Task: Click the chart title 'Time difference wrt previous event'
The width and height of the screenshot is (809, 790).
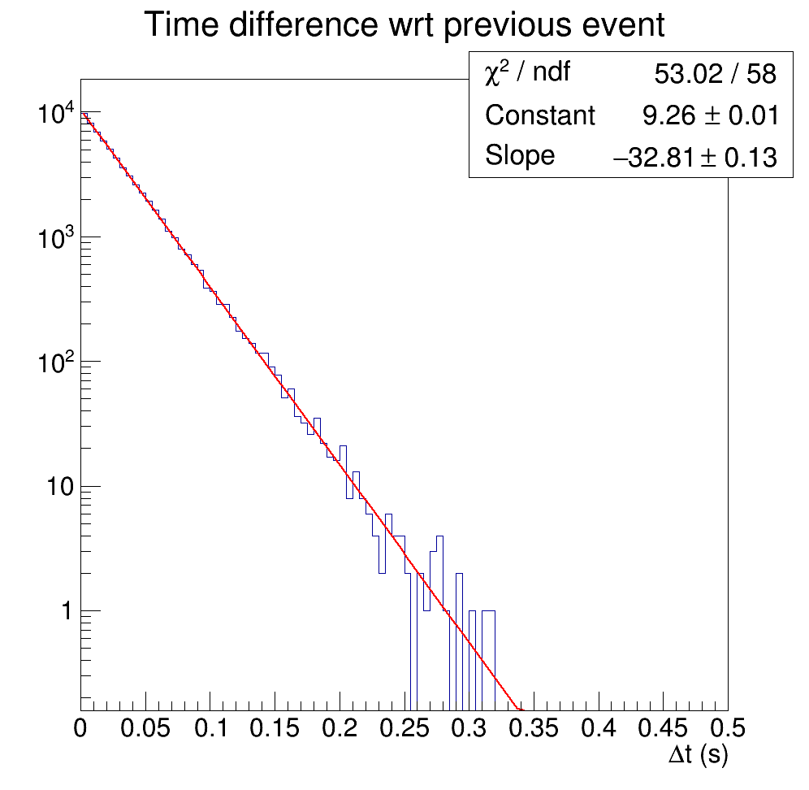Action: [404, 24]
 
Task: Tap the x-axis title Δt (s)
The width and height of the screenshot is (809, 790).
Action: [698, 755]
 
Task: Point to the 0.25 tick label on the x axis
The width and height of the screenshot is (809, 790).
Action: [404, 728]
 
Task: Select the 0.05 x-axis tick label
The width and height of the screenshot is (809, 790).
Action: [145, 728]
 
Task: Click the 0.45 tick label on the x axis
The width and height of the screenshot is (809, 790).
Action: [663, 728]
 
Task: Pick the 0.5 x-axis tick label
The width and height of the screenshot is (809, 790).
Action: [728, 728]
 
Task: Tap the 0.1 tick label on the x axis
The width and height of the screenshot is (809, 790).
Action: [210, 728]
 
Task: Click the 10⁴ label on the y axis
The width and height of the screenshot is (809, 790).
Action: [56, 112]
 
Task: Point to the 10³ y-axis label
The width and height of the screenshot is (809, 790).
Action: [56, 237]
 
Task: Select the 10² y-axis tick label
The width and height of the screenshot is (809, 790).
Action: [56, 362]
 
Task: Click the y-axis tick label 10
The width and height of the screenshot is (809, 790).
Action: [61, 486]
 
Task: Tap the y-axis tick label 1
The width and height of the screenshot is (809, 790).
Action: [67, 611]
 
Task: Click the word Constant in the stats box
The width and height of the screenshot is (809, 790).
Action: [540, 115]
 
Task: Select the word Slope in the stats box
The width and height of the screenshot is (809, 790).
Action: [520, 155]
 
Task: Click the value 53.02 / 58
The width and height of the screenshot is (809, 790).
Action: [715, 74]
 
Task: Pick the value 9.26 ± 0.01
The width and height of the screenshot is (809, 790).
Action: [711, 115]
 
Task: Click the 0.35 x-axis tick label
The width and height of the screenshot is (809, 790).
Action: [534, 728]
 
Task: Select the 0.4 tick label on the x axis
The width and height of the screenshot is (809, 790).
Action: [599, 728]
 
